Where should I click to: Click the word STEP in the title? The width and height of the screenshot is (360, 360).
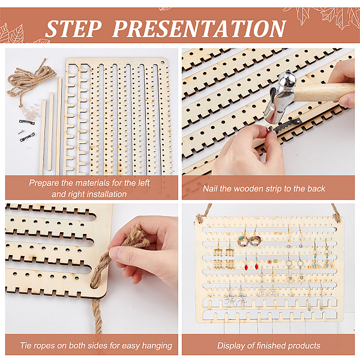[73, 28]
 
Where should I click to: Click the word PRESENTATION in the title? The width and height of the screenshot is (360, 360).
[199, 28]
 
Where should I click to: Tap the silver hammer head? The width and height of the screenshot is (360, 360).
[279, 96]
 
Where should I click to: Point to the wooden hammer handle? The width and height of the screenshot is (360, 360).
[324, 92]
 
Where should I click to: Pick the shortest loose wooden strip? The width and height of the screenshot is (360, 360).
[43, 137]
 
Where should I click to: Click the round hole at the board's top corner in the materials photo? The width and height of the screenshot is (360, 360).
[163, 62]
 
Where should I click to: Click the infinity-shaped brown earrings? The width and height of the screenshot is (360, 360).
[249, 241]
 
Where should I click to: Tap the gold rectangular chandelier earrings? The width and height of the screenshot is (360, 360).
[224, 257]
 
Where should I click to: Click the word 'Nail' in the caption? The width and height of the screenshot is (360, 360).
[210, 189]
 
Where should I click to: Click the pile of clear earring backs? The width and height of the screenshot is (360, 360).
[31, 113]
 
